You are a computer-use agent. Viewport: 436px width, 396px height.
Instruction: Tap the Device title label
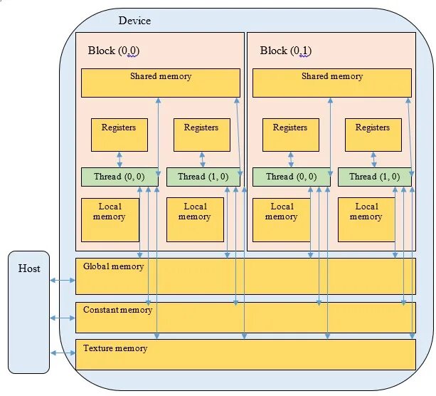pos(134,21)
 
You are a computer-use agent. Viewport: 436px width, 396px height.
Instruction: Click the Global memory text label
pos(113,267)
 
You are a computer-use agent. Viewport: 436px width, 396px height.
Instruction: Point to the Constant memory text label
pos(117,310)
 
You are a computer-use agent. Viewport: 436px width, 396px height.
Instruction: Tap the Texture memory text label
pos(115,348)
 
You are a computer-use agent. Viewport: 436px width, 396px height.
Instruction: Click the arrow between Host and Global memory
pos(63,281)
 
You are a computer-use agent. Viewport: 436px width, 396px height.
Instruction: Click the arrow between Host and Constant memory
pos(63,317)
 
